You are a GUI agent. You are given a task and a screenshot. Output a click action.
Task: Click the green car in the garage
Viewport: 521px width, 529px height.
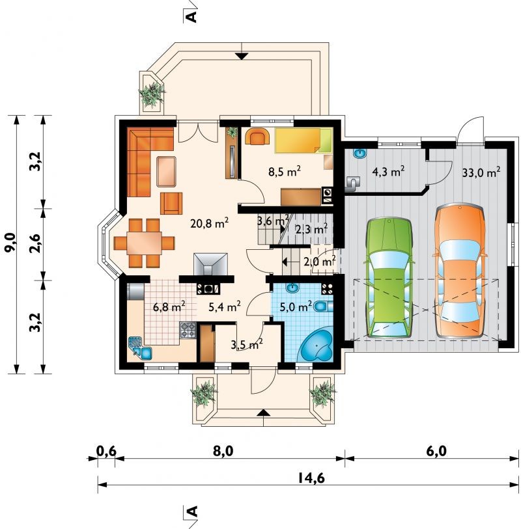pos(389,278)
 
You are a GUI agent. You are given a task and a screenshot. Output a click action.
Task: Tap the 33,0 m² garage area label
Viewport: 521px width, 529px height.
pos(481,172)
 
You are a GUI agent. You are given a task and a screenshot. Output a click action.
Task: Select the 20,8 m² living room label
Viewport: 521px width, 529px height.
pos(210,223)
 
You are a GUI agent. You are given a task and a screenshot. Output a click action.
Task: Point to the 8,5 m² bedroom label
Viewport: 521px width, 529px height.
pos(285,172)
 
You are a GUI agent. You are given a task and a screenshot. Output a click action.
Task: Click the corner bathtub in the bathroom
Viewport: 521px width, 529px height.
pos(317,346)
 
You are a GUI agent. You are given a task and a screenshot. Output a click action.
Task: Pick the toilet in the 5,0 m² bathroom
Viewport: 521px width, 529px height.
pos(323,306)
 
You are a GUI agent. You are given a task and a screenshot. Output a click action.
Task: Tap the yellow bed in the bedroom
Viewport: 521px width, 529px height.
pos(303,141)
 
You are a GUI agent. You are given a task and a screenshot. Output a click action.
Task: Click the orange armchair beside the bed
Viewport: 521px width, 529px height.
pos(258,136)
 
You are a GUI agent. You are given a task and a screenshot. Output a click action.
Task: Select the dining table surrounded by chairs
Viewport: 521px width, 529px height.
pos(144,243)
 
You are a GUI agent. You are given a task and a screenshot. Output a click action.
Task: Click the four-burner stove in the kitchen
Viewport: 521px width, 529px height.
pos(188,330)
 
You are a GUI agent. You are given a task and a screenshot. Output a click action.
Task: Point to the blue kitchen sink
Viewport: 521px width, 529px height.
pos(140,348)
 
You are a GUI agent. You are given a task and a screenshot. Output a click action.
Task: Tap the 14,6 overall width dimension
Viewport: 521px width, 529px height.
pos(311,478)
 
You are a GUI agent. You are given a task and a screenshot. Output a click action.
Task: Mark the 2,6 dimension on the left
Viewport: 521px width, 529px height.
pos(35,243)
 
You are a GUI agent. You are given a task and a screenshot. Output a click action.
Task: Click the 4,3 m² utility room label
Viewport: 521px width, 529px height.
pos(388,172)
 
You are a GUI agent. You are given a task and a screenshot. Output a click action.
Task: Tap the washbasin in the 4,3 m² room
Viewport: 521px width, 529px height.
pos(360,153)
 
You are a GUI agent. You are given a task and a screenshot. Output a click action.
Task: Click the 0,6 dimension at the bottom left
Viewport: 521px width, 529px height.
pos(106,451)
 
